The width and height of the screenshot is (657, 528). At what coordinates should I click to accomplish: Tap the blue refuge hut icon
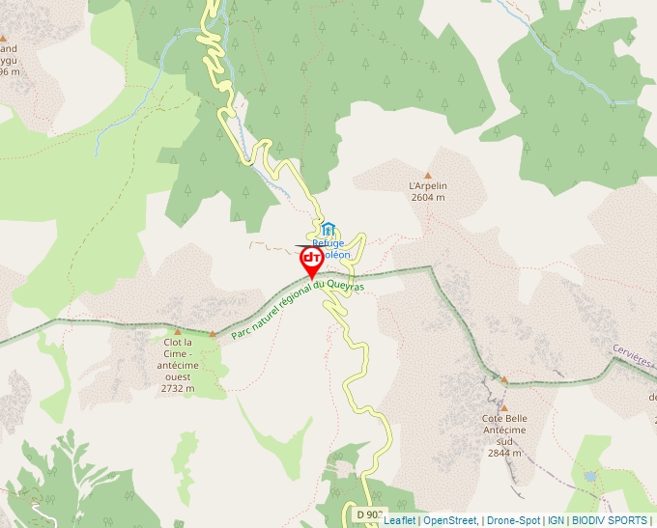(328, 229)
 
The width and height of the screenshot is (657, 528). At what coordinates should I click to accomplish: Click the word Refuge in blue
(328, 243)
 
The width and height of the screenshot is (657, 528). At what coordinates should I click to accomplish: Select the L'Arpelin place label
(428, 185)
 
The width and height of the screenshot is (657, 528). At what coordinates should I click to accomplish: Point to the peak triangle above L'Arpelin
(428, 176)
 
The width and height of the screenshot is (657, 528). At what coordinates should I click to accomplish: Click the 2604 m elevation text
(428, 197)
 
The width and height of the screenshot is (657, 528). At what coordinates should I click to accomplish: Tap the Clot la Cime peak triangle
(177, 331)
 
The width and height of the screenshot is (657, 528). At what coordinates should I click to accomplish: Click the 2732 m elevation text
(178, 389)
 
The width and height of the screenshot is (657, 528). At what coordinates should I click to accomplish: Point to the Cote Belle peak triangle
(503, 379)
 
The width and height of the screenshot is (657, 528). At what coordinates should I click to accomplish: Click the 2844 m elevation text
(504, 453)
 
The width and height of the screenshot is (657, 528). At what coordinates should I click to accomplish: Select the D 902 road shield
(368, 514)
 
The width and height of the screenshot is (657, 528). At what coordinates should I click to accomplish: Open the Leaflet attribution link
(399, 521)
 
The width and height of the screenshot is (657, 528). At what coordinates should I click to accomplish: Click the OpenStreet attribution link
(450, 521)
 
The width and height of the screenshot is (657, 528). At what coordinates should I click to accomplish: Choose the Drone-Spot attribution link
(515, 521)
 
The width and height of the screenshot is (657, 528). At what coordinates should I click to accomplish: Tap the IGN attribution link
(557, 521)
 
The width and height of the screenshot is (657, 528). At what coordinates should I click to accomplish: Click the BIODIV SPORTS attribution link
(610, 521)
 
